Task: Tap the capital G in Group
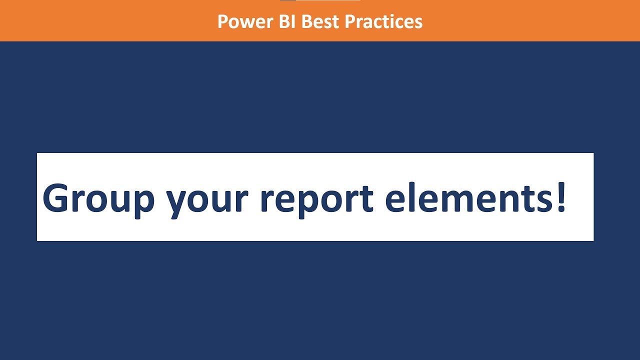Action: (55, 198)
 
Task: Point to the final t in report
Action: (366, 199)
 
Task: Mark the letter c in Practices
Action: (383, 22)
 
